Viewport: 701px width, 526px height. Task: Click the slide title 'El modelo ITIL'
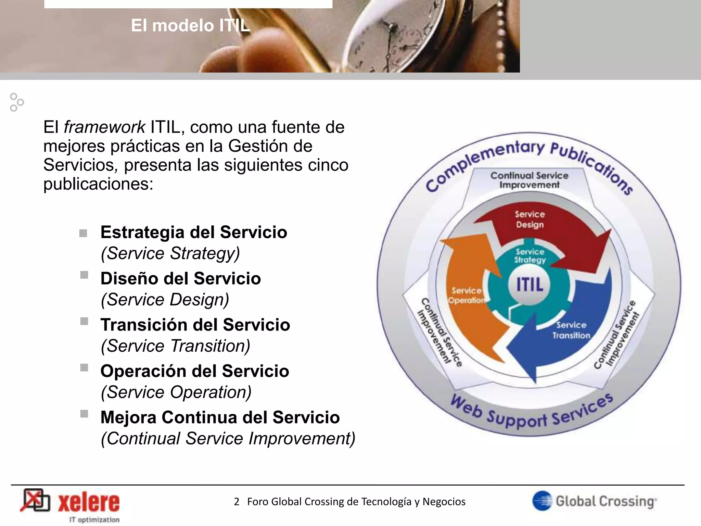point(190,26)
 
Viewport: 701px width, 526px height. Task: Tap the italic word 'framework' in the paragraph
point(104,127)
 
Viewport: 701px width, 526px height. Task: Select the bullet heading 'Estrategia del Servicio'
point(194,232)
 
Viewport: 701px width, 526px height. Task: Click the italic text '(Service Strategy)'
point(170,253)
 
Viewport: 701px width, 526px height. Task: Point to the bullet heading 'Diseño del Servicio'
point(180,278)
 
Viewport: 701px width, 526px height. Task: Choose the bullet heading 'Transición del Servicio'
point(195,325)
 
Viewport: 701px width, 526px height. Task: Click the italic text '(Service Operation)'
point(176,392)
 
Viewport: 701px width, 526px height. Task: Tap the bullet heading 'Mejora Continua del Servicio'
point(220,417)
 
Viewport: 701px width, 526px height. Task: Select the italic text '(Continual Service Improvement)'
point(228,439)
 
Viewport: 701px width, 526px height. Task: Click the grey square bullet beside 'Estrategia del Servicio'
point(83,234)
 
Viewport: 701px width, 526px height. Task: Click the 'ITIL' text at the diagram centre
point(529,285)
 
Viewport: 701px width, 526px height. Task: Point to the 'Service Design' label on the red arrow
point(530,220)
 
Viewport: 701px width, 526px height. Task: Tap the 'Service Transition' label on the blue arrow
point(571,330)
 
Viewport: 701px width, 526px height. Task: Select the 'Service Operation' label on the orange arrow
point(466,296)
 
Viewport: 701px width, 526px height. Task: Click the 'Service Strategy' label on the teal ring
point(530,256)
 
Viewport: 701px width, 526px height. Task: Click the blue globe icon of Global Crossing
point(542,501)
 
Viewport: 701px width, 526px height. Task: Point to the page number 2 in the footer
point(237,502)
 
